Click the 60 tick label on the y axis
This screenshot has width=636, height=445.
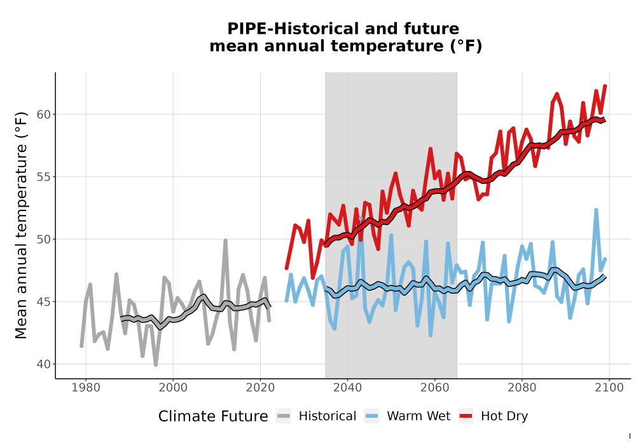coord(43,114)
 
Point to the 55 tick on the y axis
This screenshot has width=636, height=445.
coord(43,177)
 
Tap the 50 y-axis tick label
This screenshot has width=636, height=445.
coord(43,240)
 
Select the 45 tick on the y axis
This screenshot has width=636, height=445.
coord(43,302)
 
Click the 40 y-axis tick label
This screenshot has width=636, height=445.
coord(43,364)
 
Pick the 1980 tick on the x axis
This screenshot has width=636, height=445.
coord(86,388)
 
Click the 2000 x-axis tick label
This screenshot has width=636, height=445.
coord(173,388)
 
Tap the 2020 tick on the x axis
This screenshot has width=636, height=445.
coord(260,388)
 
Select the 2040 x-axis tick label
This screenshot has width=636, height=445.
coord(347,388)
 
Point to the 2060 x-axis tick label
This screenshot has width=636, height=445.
coord(434,388)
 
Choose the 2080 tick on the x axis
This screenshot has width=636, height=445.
coord(522,388)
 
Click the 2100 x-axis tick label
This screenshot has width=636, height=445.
coord(609,388)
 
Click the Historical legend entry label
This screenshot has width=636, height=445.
coord(328,416)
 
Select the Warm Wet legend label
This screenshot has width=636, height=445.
coord(418,416)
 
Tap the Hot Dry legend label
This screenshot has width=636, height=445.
coord(504,417)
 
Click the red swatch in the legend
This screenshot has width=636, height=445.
coord(466,416)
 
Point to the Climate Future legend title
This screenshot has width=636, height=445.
coord(213,416)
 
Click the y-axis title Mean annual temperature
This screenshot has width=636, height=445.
coord(21,225)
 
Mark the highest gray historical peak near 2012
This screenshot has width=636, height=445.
coord(226,240)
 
